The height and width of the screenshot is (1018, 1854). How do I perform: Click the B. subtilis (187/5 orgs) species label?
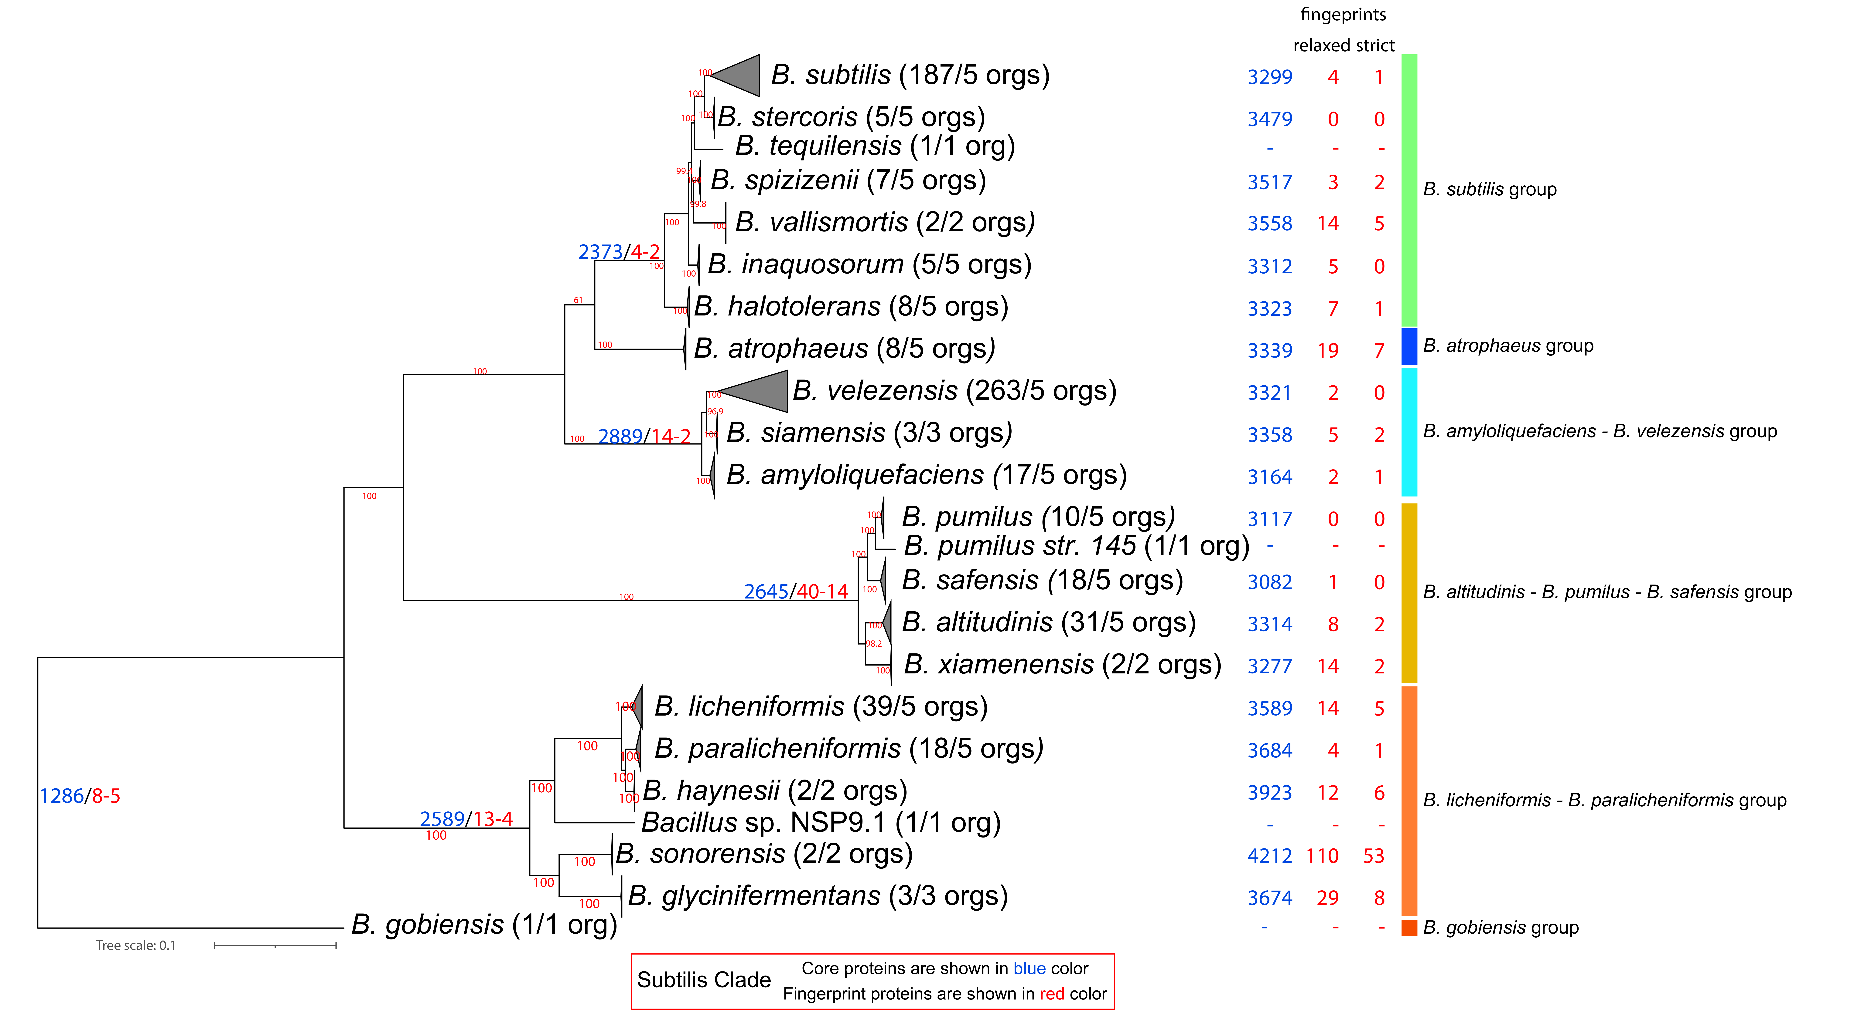910,75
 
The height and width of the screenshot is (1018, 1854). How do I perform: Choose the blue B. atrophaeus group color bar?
1408,346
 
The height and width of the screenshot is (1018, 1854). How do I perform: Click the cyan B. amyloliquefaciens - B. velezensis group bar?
1408,432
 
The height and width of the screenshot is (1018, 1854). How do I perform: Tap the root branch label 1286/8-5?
79,796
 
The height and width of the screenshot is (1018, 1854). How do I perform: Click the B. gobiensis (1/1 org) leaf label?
484,925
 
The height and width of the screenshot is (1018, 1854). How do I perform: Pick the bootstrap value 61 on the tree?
578,300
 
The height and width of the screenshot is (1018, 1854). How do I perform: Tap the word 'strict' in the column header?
1375,45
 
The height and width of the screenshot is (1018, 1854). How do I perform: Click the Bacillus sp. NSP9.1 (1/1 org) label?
821,822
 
